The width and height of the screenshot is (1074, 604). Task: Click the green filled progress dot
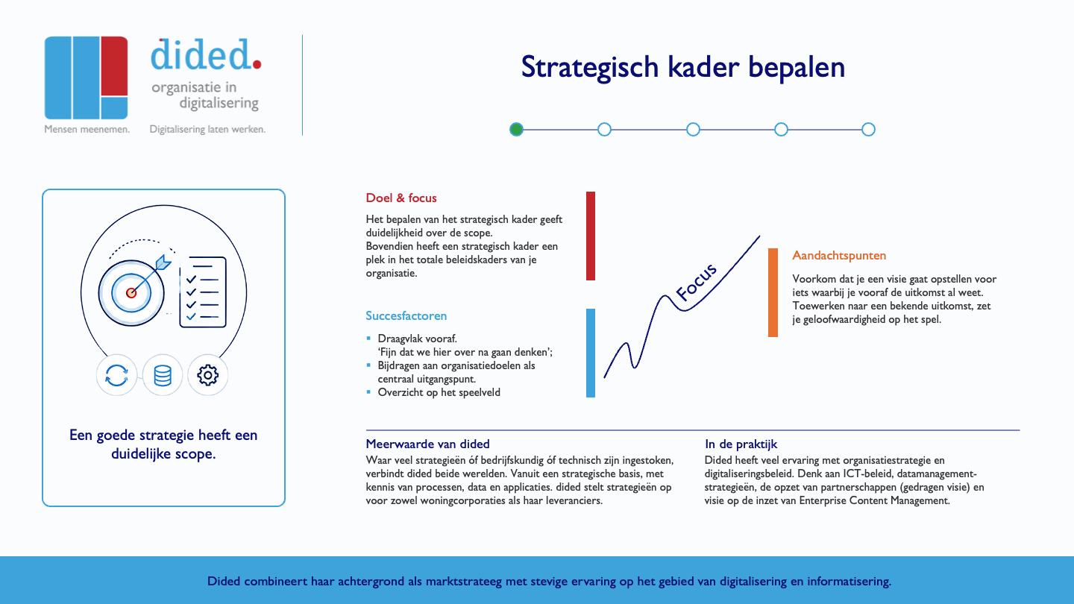pyautogui.click(x=516, y=130)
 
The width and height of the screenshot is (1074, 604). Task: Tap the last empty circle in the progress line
pyautogui.click(x=868, y=130)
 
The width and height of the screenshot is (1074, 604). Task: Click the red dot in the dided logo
pyautogui.click(x=257, y=64)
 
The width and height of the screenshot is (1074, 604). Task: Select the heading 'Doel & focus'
pyautogui.click(x=401, y=198)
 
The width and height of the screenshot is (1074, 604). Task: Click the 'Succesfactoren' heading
pyautogui.click(x=406, y=316)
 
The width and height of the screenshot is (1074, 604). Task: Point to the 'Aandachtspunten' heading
pyautogui.click(x=839, y=256)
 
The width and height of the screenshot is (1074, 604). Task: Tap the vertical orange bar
pyautogui.click(x=773, y=292)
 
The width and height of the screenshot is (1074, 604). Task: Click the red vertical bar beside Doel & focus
pyautogui.click(x=591, y=236)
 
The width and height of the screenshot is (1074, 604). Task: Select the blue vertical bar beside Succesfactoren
pyautogui.click(x=591, y=353)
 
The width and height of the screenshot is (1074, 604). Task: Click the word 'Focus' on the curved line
pyautogui.click(x=696, y=282)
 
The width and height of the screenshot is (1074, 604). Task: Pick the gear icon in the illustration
pyautogui.click(x=207, y=375)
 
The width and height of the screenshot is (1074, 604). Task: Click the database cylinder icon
pyautogui.click(x=163, y=375)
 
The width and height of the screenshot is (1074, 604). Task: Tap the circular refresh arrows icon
pyautogui.click(x=116, y=375)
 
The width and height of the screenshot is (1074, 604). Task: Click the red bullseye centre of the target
pyautogui.click(x=131, y=293)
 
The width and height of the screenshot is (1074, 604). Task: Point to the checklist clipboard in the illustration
pyautogui.click(x=203, y=292)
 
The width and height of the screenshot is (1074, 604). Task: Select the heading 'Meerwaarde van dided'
pyautogui.click(x=427, y=444)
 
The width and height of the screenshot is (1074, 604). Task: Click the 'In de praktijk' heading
pyautogui.click(x=741, y=444)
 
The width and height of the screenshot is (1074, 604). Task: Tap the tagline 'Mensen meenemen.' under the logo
pyautogui.click(x=87, y=129)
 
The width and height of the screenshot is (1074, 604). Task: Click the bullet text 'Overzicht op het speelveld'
pyautogui.click(x=439, y=392)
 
